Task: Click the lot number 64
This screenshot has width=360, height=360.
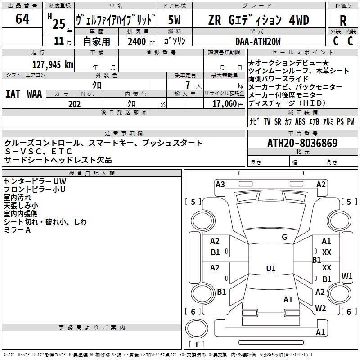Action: (22, 19)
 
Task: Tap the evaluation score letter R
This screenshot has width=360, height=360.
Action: (343, 21)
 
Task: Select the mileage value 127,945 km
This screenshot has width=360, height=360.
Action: (53, 64)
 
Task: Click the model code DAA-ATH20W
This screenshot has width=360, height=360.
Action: (258, 41)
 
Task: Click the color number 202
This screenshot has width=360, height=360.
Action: (74, 103)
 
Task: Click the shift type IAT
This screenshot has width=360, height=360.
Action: (13, 94)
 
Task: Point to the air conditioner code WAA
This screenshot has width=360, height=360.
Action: (35, 94)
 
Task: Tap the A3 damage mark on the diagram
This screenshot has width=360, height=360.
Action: (220, 184)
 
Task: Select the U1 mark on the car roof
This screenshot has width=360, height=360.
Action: (270, 269)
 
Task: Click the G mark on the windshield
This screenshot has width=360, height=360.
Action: (284, 237)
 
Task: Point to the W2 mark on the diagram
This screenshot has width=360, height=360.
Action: (320, 308)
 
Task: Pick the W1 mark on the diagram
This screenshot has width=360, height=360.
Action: (347, 276)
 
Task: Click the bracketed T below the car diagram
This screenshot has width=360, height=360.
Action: (197, 344)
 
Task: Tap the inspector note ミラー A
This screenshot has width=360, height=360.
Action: (17, 230)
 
